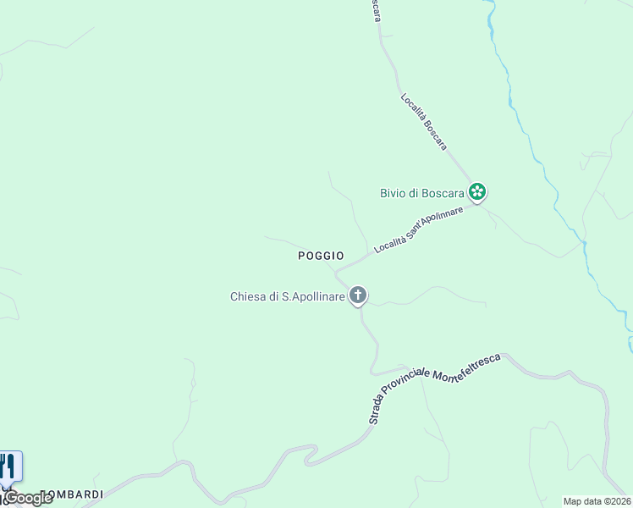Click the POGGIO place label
coord(321,255)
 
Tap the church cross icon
coord(359,295)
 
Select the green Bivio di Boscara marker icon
coord(477,192)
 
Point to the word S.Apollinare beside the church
coord(312,296)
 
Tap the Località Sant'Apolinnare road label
coord(418,229)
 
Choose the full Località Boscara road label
coord(423,122)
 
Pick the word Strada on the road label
coord(377,411)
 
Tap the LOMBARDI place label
coord(73,494)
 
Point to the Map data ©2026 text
coord(597,501)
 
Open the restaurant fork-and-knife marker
coord(8,467)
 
